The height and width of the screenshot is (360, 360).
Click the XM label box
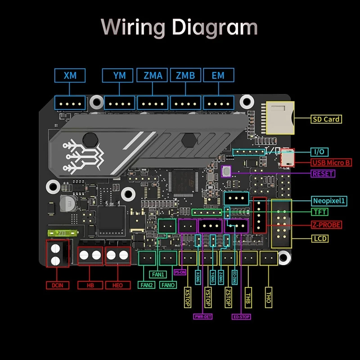[x=70, y=76]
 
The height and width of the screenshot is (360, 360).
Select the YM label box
[x=119, y=76]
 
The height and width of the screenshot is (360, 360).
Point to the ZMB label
[x=185, y=76]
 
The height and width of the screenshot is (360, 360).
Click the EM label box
[x=218, y=76]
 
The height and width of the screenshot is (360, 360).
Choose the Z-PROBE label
[x=326, y=225]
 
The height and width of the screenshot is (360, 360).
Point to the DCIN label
[x=57, y=285]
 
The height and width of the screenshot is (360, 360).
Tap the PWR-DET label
[x=203, y=316]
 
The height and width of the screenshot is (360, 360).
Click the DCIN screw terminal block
[x=57, y=254]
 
